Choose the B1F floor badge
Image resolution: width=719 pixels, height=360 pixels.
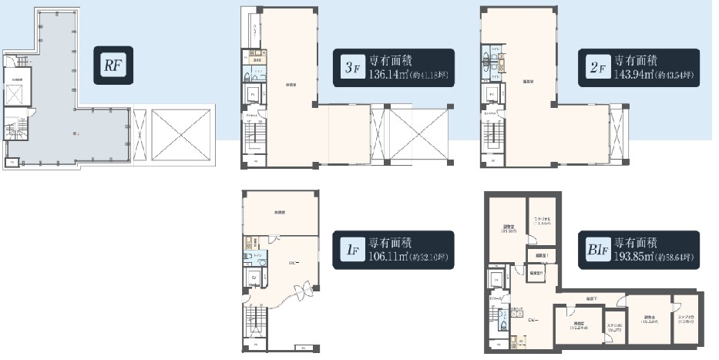[595, 251]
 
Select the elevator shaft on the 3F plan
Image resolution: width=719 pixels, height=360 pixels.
[252, 96]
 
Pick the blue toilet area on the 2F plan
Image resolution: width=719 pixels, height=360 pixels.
[489, 64]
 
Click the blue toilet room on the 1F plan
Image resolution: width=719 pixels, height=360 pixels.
[255, 259]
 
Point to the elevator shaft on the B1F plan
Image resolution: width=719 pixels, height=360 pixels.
[494, 279]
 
